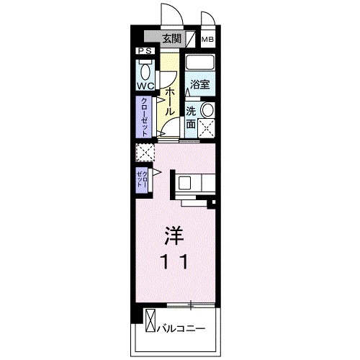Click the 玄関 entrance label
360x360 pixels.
coord(171,39)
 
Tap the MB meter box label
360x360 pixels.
coord(207,40)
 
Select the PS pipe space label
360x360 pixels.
coord(143,51)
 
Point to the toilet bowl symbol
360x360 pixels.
coord(145,71)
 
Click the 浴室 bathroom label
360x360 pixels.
coord(199,84)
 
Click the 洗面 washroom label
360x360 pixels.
coord(191,117)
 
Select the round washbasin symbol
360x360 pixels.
coord(207,110)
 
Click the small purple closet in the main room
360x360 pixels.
coord(141,179)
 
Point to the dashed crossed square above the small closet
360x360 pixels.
coord(145,153)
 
